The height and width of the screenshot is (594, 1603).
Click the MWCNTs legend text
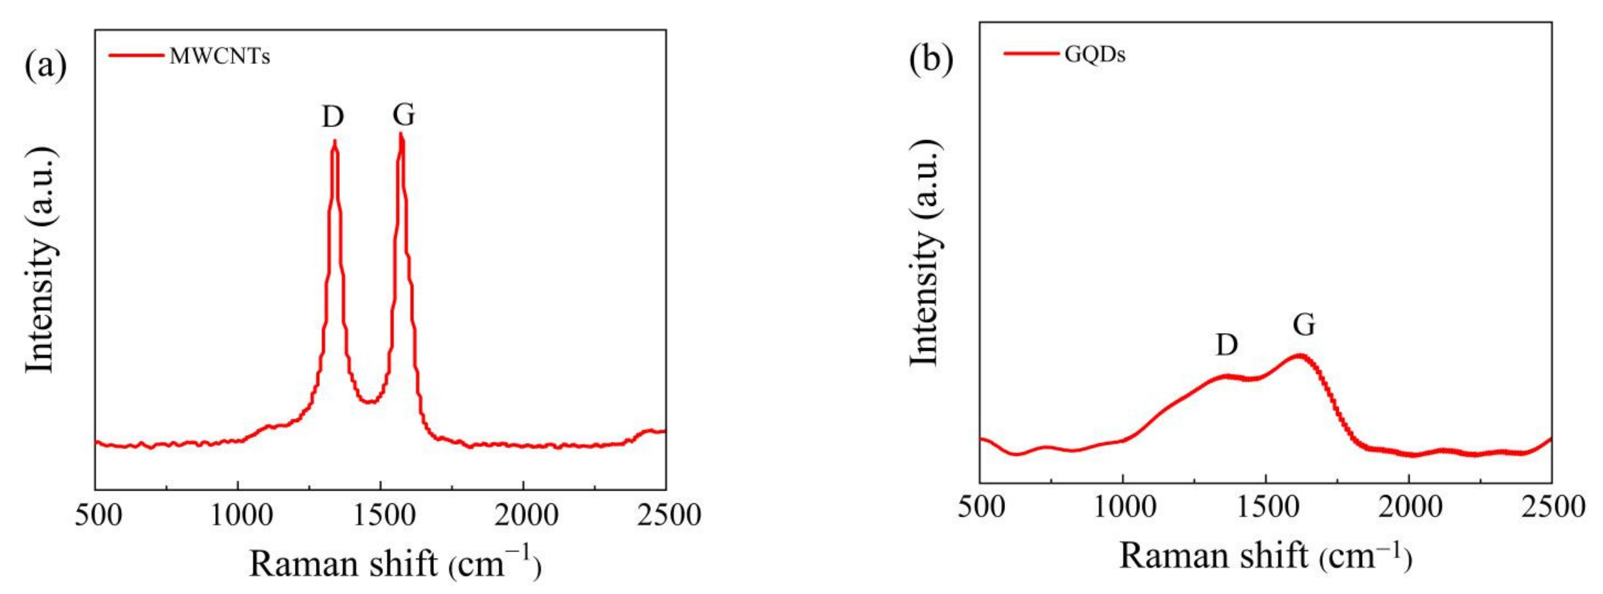(220, 57)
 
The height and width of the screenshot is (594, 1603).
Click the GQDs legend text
(1095, 55)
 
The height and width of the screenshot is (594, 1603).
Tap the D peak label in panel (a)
(333, 116)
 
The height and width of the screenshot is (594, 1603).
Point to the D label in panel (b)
(1227, 344)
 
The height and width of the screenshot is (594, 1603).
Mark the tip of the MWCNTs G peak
(402, 134)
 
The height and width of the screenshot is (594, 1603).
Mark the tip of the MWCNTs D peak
(335, 141)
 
